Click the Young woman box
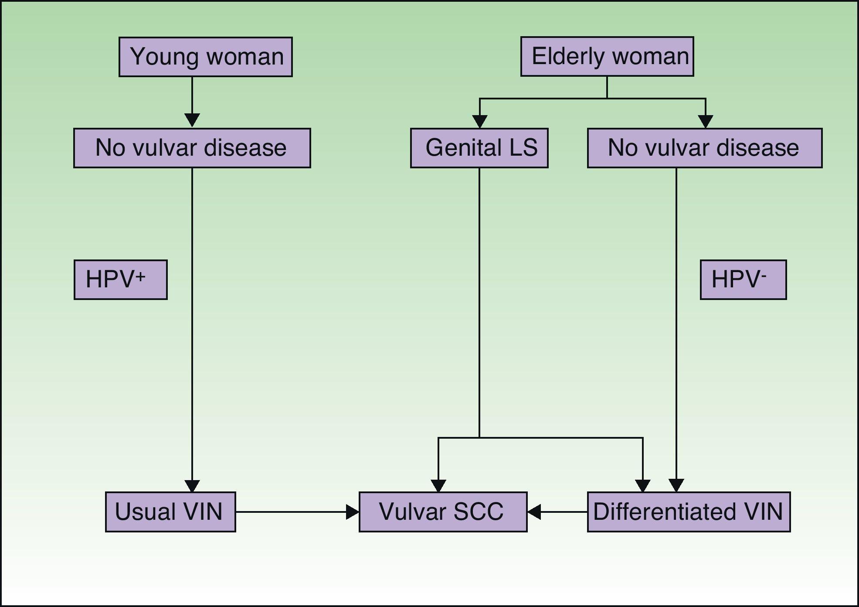(x=205, y=57)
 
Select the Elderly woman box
(x=607, y=57)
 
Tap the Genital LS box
(x=479, y=148)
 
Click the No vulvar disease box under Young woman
(x=192, y=148)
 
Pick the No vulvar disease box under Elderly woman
(x=704, y=148)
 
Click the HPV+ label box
(x=120, y=280)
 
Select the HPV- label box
(x=743, y=280)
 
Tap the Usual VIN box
(x=170, y=512)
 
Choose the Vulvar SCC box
(x=443, y=512)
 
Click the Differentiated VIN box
(x=689, y=512)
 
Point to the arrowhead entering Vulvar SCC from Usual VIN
(x=353, y=512)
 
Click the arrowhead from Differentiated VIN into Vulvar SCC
(x=534, y=512)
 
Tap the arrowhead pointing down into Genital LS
(x=479, y=121)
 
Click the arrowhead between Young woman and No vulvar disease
(x=192, y=119)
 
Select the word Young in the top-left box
(x=164, y=57)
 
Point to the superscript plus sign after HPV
(x=140, y=276)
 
